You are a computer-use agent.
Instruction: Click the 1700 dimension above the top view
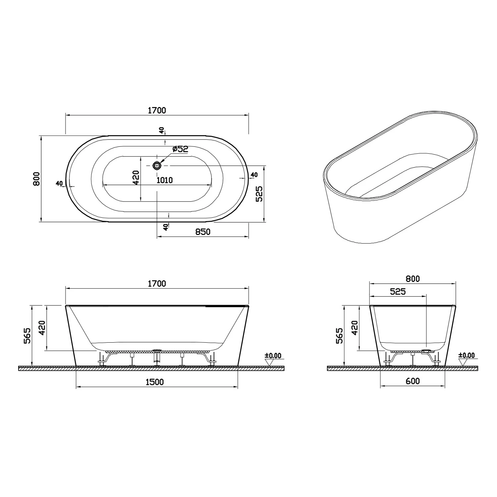point(157,110)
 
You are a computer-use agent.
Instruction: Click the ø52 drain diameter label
point(180,149)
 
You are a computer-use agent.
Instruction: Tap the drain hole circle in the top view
point(157,165)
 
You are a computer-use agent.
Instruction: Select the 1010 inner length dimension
point(164,180)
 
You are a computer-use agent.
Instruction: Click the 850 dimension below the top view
point(202,232)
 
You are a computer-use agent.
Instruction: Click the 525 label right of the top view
point(259,193)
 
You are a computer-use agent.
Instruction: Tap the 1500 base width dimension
point(155,382)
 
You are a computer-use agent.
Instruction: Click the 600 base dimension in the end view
point(413,381)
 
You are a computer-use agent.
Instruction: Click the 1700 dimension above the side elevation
point(157,284)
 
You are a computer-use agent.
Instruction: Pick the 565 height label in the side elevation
point(27,336)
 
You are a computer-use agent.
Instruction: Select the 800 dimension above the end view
point(413,279)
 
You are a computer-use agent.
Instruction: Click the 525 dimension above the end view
point(398,292)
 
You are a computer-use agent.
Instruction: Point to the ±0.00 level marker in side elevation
point(273,356)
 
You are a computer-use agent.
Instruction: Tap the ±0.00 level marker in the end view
point(466,356)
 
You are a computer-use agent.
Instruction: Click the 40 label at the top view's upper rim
point(162,131)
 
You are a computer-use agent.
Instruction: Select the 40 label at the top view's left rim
point(59,183)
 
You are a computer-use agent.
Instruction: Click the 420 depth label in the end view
point(355,328)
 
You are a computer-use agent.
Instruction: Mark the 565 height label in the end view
point(339,336)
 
